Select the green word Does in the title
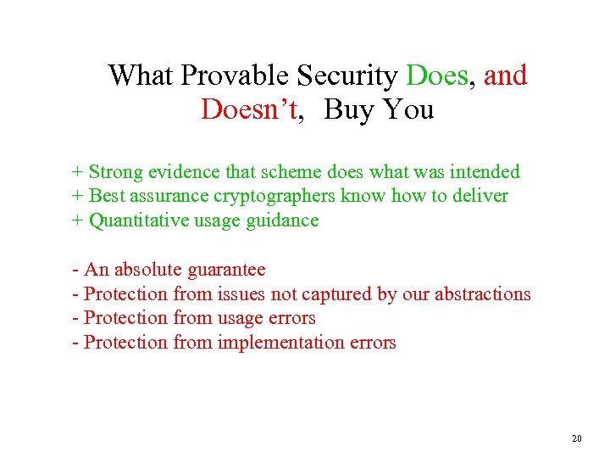click(x=437, y=76)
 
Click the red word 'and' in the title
click(x=506, y=76)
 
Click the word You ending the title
click(x=407, y=109)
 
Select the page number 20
click(x=577, y=438)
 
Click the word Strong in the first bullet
click(x=116, y=172)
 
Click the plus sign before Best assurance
click(x=77, y=197)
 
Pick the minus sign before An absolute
click(x=76, y=271)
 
